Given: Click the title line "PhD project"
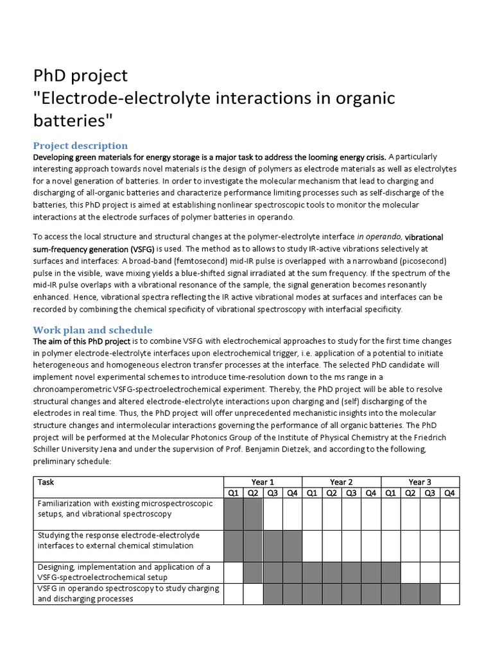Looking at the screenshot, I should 80,76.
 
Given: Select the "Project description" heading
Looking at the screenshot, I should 80,146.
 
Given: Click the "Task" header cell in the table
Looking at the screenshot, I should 46,482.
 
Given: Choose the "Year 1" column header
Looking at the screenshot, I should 263,482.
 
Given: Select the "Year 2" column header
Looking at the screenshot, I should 341,482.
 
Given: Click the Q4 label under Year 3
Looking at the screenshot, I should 449,493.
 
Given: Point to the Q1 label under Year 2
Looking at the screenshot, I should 311,493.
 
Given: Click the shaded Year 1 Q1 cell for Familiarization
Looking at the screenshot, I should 233,514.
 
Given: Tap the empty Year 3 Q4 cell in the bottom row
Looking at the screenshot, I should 449,593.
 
